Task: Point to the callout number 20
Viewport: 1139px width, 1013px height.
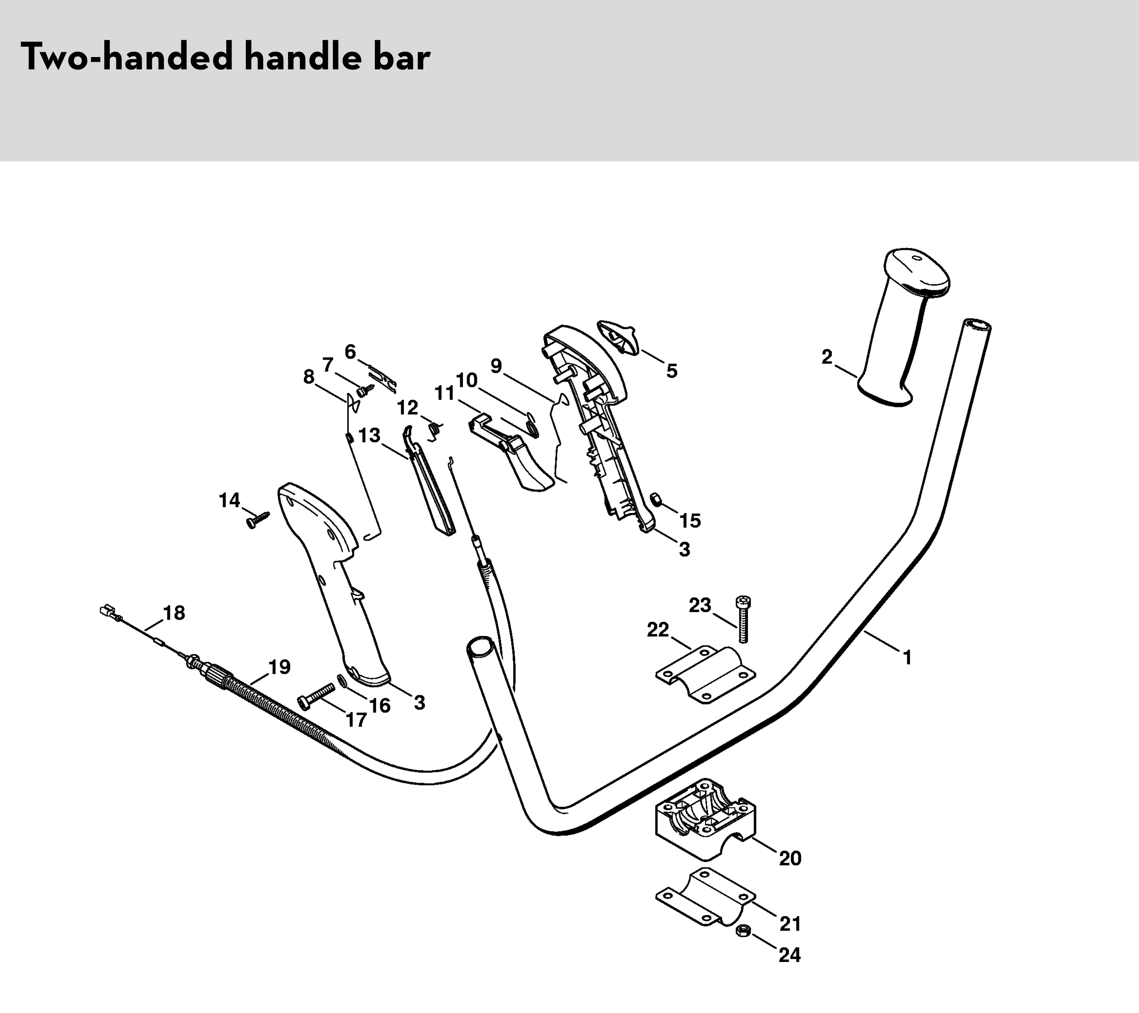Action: pyautogui.click(x=789, y=858)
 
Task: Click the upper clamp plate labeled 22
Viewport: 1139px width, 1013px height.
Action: pyautogui.click(x=705, y=674)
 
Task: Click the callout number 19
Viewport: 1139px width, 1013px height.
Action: pyautogui.click(x=279, y=666)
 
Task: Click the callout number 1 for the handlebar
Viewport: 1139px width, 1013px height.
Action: pyautogui.click(x=907, y=658)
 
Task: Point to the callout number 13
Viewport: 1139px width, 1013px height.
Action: pyautogui.click(x=369, y=435)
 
